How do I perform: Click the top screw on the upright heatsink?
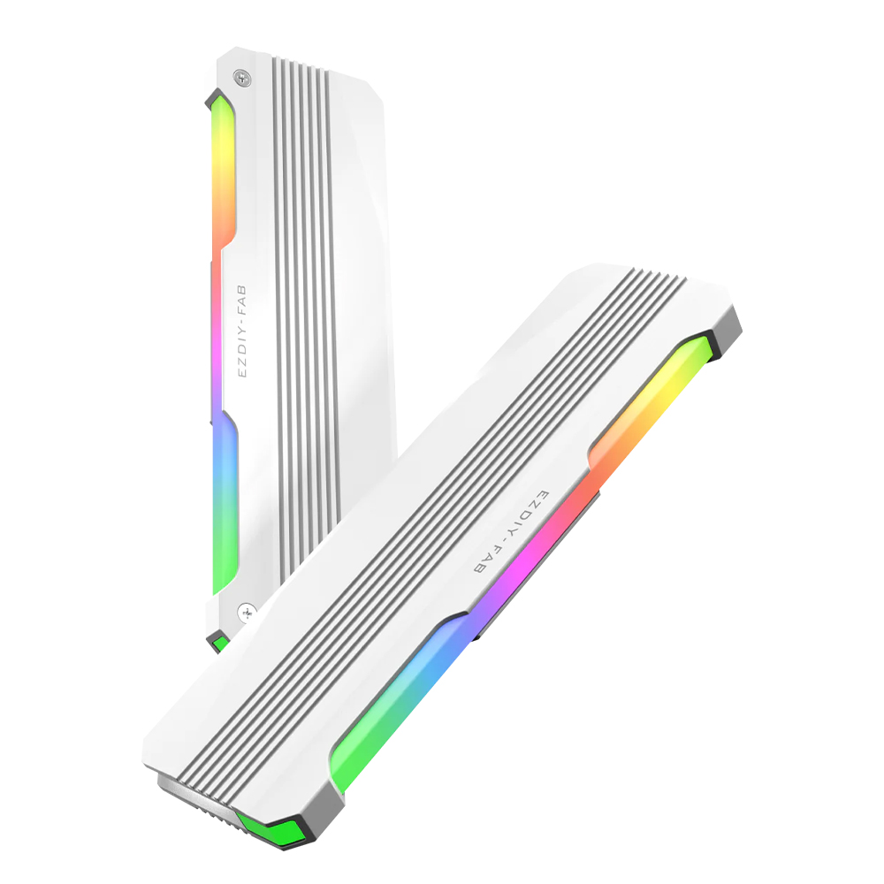pyautogui.click(x=243, y=78)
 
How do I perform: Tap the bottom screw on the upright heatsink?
pyautogui.click(x=247, y=612)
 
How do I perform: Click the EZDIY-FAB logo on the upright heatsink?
pyautogui.click(x=242, y=331)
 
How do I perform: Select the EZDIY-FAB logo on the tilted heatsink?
pyautogui.click(x=511, y=533)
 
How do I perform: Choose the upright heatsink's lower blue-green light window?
pyautogui.click(x=225, y=502)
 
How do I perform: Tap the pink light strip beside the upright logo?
pyautogui.click(x=217, y=332)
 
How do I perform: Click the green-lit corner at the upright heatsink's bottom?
pyautogui.click(x=218, y=643)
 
